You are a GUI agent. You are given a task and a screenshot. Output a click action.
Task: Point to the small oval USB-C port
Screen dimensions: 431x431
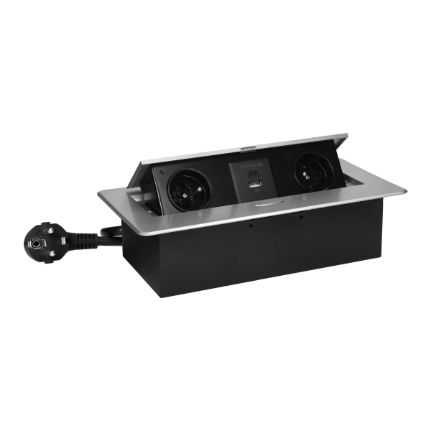coord(251,175)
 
